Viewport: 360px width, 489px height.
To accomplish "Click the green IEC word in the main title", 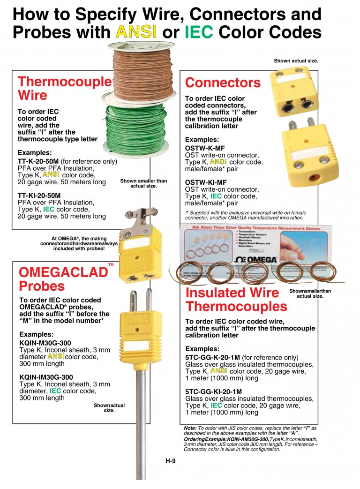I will point(199,32).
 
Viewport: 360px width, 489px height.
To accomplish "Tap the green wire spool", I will point(133,131).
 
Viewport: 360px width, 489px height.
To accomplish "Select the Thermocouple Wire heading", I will point(64,88).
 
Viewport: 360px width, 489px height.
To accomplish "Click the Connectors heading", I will point(222,83).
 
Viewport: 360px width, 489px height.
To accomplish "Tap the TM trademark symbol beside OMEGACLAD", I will point(111,265).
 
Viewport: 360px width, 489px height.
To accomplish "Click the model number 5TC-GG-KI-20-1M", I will point(220,391).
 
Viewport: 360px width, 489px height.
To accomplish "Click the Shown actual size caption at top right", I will point(296,61).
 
